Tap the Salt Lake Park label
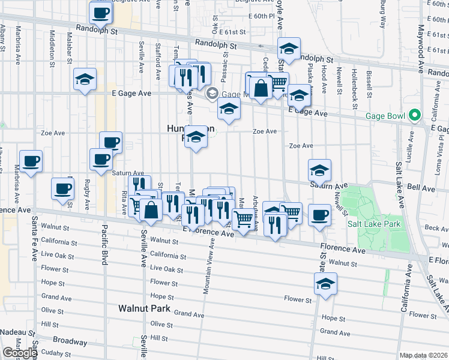pos(374,224)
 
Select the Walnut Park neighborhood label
pos(145,308)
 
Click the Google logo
pos(20,353)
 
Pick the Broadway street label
pos(70,341)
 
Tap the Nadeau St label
pos(13,331)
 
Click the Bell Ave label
pos(421,188)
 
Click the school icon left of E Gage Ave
pos(85,79)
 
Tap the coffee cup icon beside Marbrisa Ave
pos(31,161)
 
